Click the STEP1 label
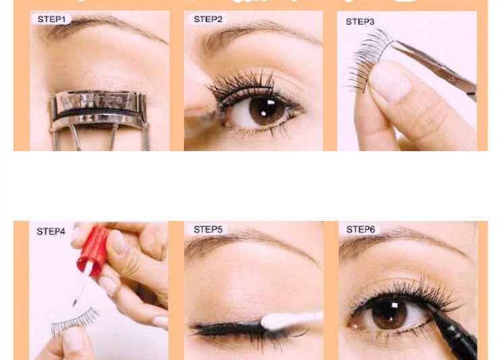51,20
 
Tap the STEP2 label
208,20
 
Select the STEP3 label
360,22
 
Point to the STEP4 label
51,231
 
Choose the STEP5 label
208,230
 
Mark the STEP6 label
360,230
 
